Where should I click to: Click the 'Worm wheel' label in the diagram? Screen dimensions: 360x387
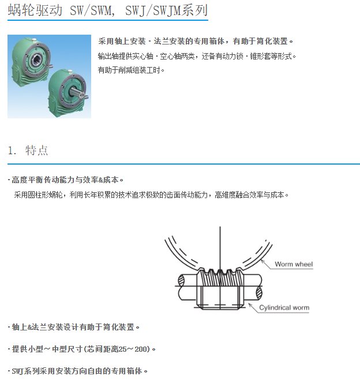[294, 265]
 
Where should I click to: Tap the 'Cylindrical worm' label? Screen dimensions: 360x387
[284, 308]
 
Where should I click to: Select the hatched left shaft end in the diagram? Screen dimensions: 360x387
[181, 280]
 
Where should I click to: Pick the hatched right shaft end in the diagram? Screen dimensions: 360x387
[259, 292]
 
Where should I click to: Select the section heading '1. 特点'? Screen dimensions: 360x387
[28, 150]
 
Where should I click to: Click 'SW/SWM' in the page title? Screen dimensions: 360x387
[90, 10]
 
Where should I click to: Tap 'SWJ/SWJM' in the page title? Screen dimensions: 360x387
[153, 10]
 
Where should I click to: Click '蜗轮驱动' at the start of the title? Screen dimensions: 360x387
[35, 10]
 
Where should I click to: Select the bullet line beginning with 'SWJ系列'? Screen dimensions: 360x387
[77, 371]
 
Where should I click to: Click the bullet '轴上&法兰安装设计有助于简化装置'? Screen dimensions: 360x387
[73, 327]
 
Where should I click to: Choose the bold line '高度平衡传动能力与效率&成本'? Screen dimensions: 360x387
[65, 180]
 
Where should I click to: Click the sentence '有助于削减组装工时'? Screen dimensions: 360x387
[131, 70]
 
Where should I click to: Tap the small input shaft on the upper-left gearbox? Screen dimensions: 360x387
[50, 66]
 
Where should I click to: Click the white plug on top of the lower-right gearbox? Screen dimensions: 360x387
[71, 71]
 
